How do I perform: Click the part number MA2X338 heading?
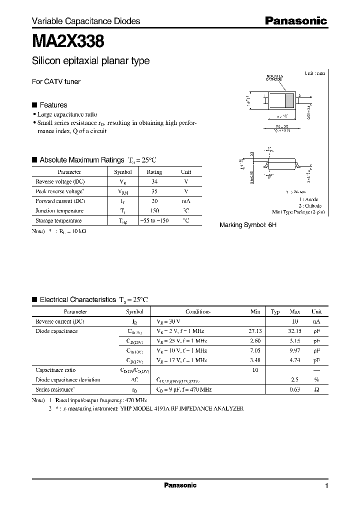(x=68, y=41)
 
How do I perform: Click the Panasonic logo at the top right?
(x=295, y=21)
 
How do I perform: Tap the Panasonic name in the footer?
(x=180, y=485)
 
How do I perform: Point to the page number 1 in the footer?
(x=326, y=486)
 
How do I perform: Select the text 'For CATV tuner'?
(x=56, y=81)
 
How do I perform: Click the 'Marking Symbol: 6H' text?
(x=248, y=225)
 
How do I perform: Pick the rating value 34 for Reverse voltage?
(x=154, y=181)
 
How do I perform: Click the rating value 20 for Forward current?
(x=154, y=201)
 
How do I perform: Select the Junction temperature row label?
(x=59, y=210)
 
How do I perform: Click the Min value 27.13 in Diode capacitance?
(x=254, y=331)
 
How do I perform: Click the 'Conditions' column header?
(x=197, y=311)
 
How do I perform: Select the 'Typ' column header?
(x=275, y=311)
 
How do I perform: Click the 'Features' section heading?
(x=53, y=105)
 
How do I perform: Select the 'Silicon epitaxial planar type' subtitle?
(x=90, y=61)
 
